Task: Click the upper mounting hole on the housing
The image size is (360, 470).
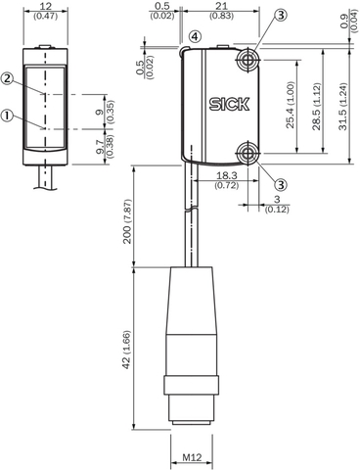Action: click(247, 62)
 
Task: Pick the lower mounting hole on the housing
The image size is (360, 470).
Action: click(247, 151)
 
